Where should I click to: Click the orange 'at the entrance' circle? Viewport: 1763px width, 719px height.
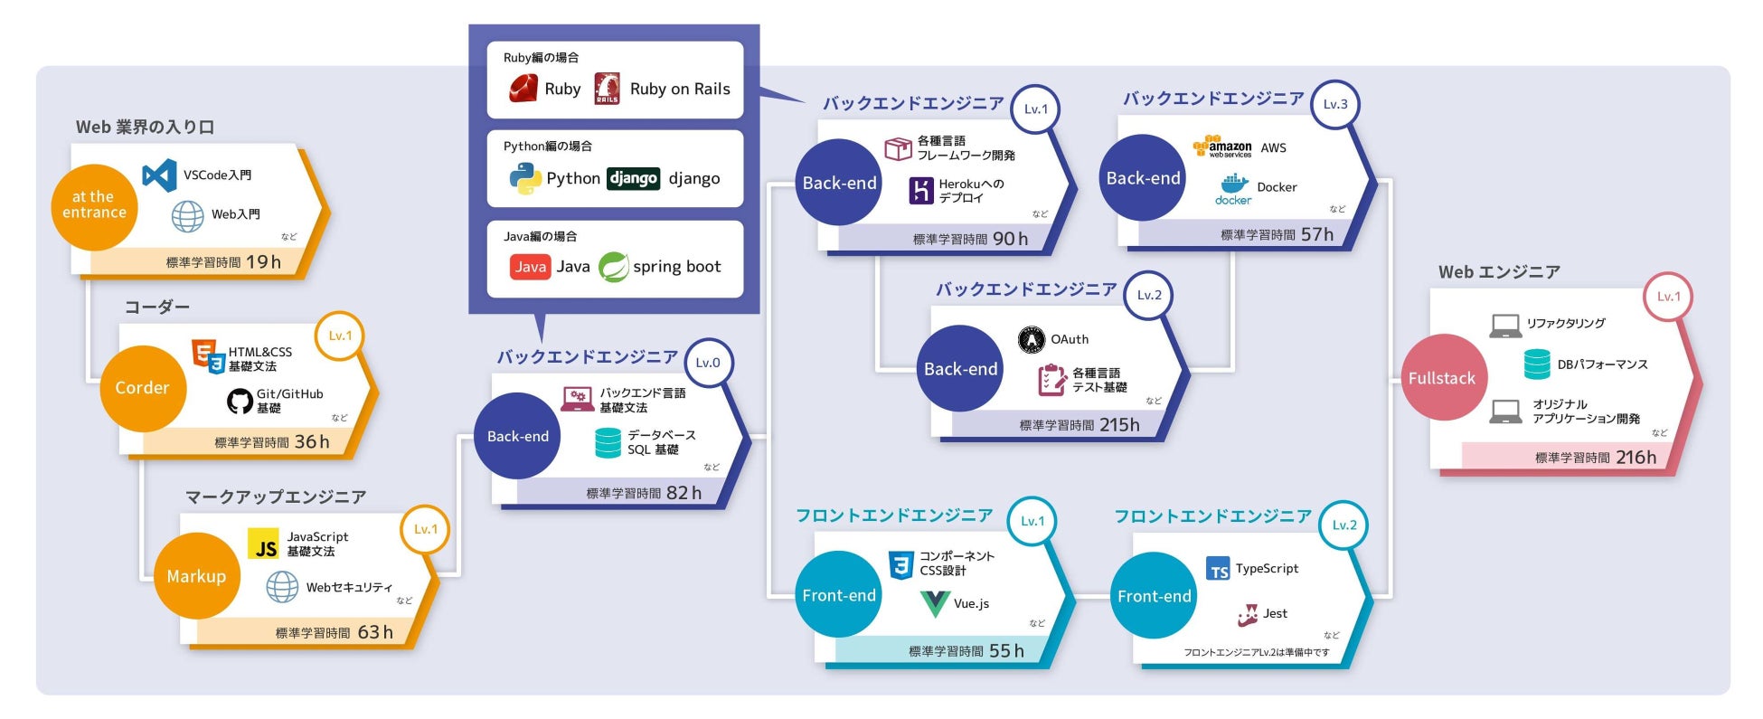tap(94, 206)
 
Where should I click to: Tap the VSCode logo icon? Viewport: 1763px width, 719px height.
tap(160, 175)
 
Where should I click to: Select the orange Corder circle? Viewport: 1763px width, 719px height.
tap(142, 388)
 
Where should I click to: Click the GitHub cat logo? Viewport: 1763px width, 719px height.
tap(240, 401)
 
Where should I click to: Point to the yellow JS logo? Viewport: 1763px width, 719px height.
tap(264, 544)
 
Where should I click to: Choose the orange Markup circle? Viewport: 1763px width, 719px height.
tap(196, 576)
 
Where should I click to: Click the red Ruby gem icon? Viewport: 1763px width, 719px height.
tap(523, 89)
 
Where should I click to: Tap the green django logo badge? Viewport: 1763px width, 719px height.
tap(633, 178)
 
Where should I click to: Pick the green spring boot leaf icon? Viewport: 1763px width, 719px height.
tap(614, 267)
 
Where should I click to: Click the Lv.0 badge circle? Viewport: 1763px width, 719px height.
tap(708, 363)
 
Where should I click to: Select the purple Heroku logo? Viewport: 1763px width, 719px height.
tap(920, 190)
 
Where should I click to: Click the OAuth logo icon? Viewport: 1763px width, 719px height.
tap(1031, 340)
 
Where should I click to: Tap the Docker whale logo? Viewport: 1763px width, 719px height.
tap(1233, 188)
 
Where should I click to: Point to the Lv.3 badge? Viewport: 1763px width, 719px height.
tap(1334, 104)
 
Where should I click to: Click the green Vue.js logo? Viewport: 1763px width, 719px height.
tap(934, 603)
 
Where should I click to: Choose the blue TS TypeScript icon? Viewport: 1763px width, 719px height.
tap(1218, 569)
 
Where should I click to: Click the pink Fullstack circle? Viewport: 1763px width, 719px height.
tap(1442, 378)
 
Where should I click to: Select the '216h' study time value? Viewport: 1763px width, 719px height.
tap(1636, 458)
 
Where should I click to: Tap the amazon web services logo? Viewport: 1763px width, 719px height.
tap(1223, 147)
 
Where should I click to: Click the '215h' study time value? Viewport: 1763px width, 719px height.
tap(1119, 424)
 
